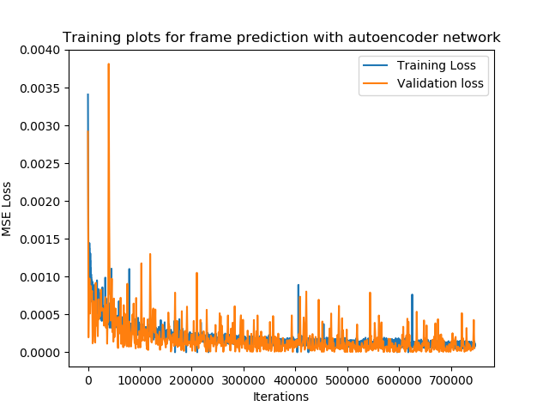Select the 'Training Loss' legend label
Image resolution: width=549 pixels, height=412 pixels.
[x=437, y=65]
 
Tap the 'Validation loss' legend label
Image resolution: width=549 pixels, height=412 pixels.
[x=440, y=83]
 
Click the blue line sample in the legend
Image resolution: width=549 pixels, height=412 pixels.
[x=376, y=65]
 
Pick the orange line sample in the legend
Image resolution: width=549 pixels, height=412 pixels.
[x=376, y=83]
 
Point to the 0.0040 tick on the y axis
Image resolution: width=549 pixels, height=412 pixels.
[x=40, y=50]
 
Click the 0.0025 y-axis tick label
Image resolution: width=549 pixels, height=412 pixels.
[x=40, y=164]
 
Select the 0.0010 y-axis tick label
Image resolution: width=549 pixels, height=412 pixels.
[x=40, y=277]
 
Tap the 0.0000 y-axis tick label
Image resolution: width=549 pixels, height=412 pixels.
[x=40, y=353]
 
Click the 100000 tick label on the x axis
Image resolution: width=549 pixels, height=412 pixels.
[x=140, y=380]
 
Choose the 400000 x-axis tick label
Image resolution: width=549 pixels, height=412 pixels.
[x=295, y=380]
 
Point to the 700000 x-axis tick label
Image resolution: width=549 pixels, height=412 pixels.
[x=451, y=380]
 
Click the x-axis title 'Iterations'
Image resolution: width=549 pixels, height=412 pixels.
[x=281, y=397]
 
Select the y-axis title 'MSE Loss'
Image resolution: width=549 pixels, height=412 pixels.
[x=6, y=209]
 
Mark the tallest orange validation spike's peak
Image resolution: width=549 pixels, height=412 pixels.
[x=109, y=64]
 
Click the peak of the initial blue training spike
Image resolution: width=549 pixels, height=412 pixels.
[x=87, y=94]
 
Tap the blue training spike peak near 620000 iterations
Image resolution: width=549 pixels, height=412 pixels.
[x=412, y=294]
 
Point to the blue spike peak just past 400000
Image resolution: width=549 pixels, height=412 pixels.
[x=299, y=285]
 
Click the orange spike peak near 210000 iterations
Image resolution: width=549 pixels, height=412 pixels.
[x=196, y=273]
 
